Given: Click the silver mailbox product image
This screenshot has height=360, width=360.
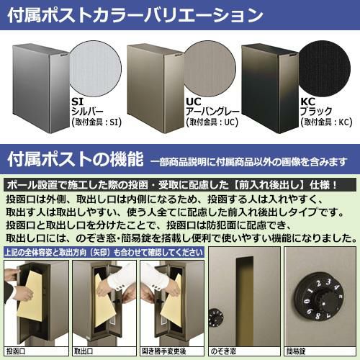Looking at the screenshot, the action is [41, 89].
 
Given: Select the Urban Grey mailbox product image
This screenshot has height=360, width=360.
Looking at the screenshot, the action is [156, 89].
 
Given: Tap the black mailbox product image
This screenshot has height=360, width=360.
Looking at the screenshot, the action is [270, 89].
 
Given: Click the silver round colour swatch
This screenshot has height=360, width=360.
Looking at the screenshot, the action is [95, 69].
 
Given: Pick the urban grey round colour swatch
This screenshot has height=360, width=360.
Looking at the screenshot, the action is [210, 69].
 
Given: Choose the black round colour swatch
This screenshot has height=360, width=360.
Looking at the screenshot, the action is [324, 69].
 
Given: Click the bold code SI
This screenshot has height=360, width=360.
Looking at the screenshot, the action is [77, 102].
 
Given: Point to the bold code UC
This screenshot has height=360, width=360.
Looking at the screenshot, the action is [194, 102].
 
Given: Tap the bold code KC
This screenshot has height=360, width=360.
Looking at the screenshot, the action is [307, 102].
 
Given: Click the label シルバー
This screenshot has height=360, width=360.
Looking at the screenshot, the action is [87, 112].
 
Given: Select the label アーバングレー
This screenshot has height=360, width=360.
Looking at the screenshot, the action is [212, 112].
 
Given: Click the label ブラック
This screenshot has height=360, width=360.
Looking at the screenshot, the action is [316, 112].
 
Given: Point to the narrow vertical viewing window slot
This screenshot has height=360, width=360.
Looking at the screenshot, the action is [245, 300].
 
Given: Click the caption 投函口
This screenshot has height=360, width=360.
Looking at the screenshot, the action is [16, 351].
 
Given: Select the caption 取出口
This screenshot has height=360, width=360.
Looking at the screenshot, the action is [84, 351].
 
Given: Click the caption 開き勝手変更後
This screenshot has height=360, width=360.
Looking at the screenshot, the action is [164, 351].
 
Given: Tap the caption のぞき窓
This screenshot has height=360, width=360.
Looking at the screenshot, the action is [223, 351].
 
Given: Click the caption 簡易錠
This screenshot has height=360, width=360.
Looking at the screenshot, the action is [296, 351].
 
